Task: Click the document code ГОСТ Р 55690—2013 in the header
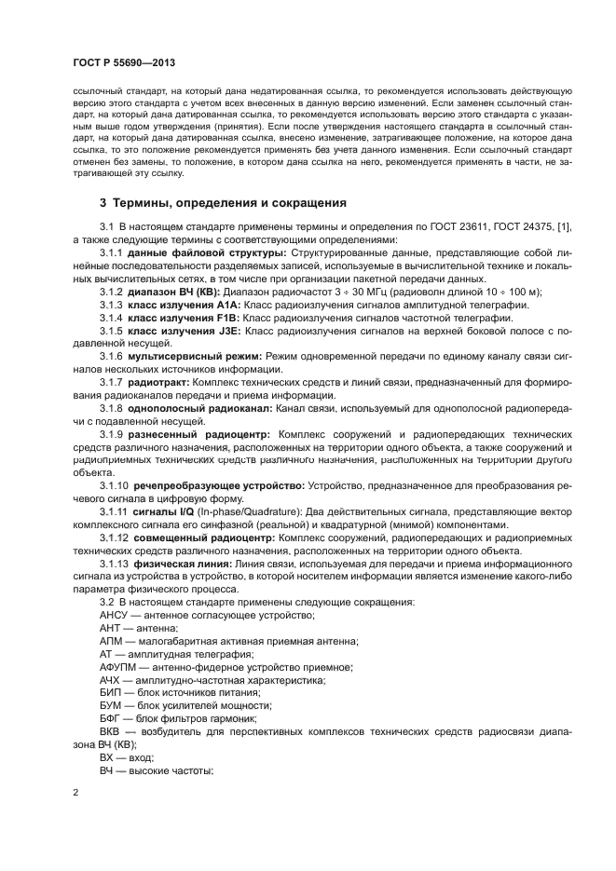point(123,62)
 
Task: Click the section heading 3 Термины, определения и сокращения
point(223,202)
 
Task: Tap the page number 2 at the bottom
point(75,792)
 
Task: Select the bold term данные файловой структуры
point(195,252)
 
